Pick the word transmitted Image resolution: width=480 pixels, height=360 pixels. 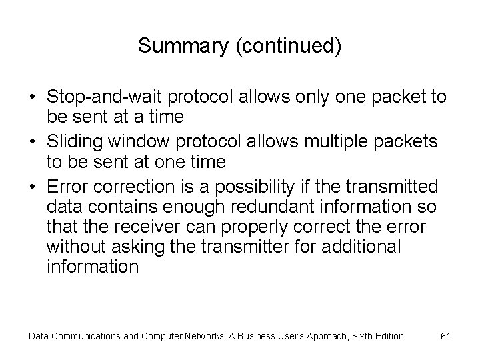point(401,187)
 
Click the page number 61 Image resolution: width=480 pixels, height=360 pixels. point(446,335)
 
